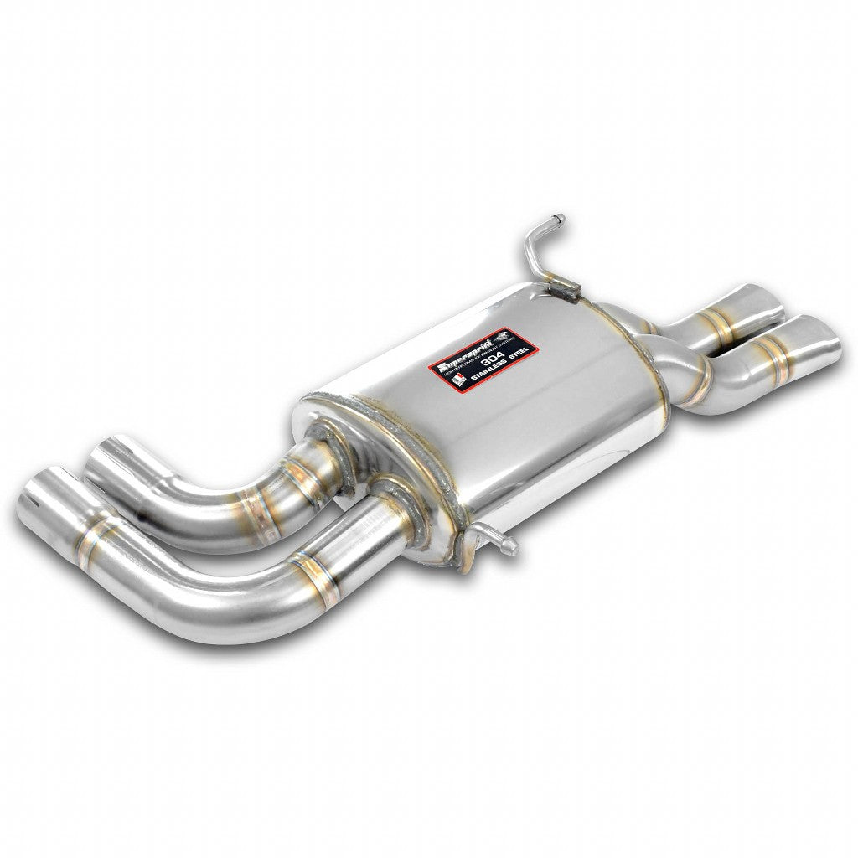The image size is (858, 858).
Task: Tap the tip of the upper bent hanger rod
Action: [x=560, y=220]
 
